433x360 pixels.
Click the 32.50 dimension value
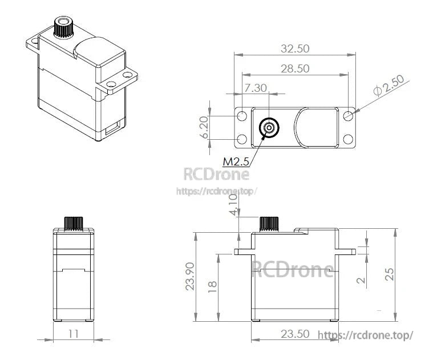pos(295,49)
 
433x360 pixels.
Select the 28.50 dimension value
pos(295,68)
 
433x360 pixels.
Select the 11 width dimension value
pos(73,334)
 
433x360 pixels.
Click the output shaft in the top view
pos(268,128)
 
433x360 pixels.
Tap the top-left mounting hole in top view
pos(242,116)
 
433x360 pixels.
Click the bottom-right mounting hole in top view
pos(348,139)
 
